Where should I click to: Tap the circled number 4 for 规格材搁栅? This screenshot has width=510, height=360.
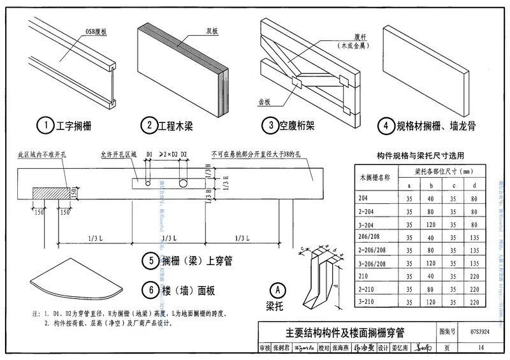pos(384,126)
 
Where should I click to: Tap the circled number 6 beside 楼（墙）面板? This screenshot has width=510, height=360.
pos(151,291)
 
